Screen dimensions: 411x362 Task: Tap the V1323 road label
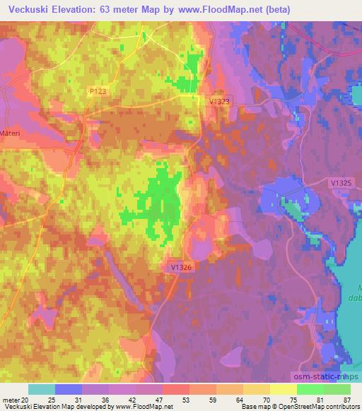[x=220, y=102]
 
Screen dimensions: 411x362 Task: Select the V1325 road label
[x=341, y=182]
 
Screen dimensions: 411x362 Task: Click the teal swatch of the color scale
[x=42, y=389]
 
